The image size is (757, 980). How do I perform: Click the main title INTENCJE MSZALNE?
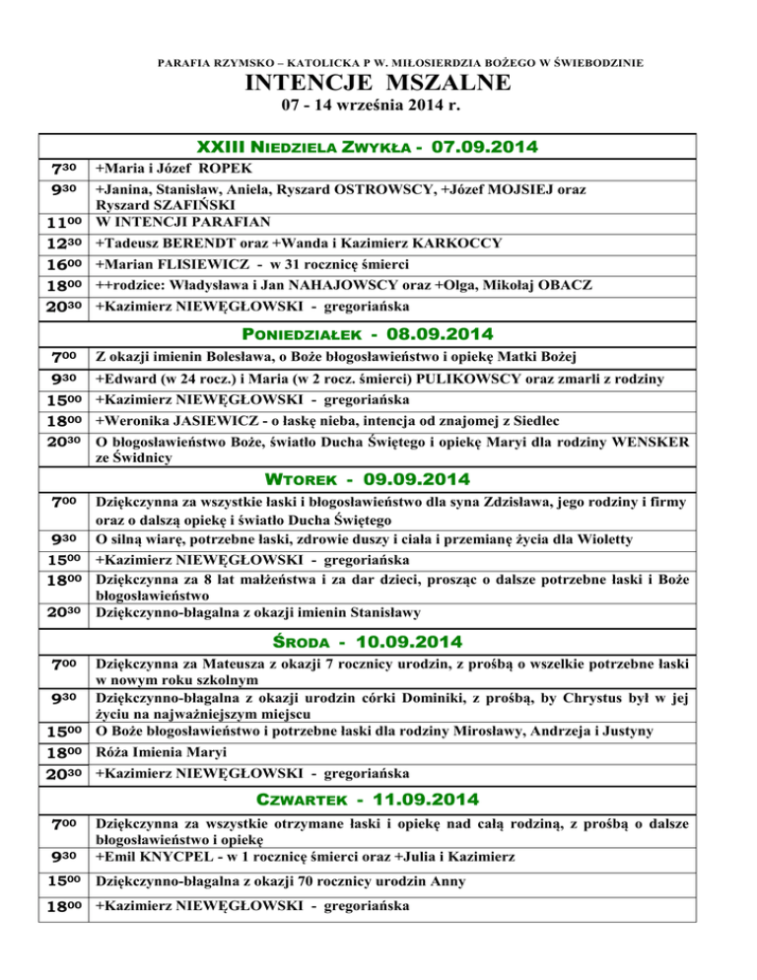pos(378,84)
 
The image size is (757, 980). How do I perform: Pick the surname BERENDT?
pos(201,243)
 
